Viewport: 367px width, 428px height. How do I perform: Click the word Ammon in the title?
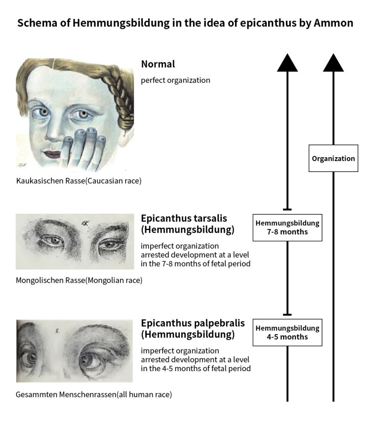click(333, 23)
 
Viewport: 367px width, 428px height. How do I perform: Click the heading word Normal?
click(158, 64)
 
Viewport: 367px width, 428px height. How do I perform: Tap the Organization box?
click(333, 158)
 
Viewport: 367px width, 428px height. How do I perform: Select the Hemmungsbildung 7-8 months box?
click(287, 227)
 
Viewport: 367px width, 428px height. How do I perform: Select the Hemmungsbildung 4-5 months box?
click(287, 332)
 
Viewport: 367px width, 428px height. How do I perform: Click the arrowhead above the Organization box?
click(333, 62)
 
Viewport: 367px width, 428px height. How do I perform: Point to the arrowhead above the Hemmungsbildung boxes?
click(287, 62)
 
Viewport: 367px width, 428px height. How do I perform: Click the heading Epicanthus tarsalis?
click(184, 218)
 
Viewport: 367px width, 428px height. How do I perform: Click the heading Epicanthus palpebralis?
click(193, 323)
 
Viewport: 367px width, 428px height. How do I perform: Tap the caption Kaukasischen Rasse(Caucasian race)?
click(79, 181)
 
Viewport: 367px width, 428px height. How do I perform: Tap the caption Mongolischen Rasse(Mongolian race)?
click(79, 280)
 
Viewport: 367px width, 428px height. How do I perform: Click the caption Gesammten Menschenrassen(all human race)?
click(94, 394)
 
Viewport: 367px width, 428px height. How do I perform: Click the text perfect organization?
click(175, 80)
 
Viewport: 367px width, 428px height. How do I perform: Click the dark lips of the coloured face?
click(52, 154)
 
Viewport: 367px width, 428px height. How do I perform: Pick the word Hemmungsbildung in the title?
click(121, 23)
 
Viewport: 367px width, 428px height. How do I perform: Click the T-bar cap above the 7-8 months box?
click(287, 210)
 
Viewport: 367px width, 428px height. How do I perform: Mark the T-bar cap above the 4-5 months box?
click(287, 315)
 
